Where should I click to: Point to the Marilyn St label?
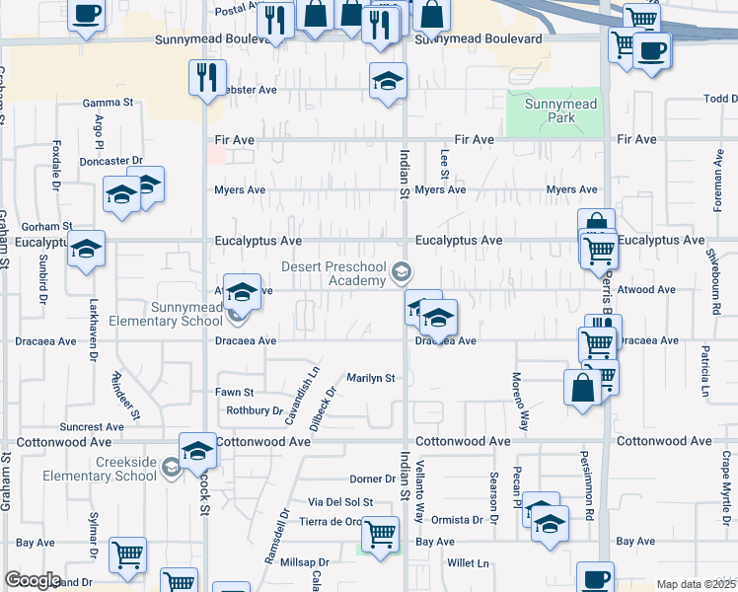point(370,378)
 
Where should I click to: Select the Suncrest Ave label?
point(92,427)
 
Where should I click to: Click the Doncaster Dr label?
point(111,160)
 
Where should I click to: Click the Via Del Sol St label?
point(340,502)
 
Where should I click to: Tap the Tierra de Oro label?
point(332,522)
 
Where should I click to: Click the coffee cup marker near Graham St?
point(86,14)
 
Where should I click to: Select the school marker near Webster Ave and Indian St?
point(389,80)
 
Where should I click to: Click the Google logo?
point(33,581)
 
